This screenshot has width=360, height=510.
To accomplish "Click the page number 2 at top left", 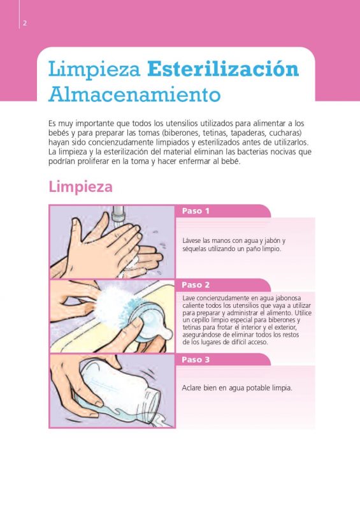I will click(x=24, y=23).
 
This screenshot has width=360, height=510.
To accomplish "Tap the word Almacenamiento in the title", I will click(x=134, y=94).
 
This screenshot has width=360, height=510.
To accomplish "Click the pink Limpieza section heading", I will click(x=80, y=187).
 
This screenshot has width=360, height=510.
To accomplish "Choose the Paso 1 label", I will click(x=196, y=211).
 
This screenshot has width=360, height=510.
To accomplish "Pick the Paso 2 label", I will click(x=196, y=285).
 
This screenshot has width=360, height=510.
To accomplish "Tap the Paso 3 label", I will click(x=196, y=360).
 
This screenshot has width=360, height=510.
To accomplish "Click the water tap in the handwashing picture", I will click(x=118, y=214).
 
